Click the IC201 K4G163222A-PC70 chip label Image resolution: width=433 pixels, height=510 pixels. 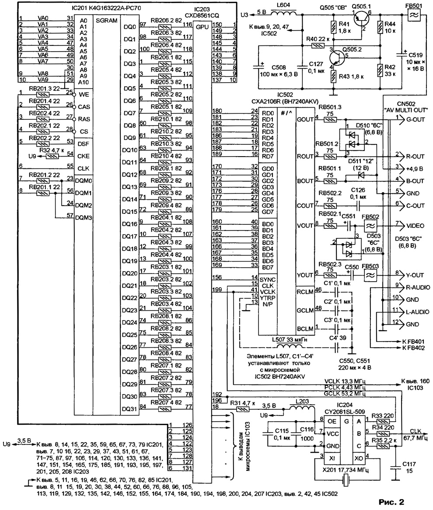[x=99, y=8]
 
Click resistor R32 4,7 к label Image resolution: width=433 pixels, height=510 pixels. [x=49, y=150]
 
